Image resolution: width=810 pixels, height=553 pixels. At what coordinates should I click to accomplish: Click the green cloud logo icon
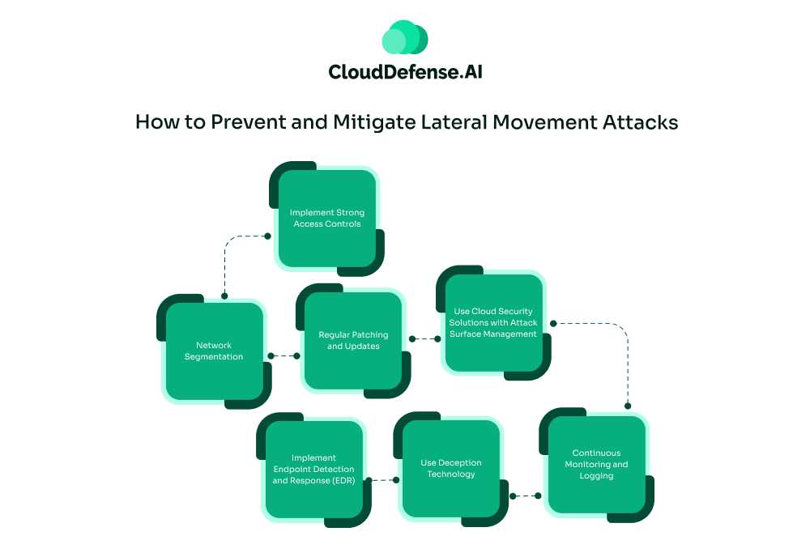tap(405, 37)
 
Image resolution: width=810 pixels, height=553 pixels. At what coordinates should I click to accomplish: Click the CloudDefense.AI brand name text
tap(405, 72)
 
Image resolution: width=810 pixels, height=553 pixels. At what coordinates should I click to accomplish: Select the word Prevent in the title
tap(243, 122)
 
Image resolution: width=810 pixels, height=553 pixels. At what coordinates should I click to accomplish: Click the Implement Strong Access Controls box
tap(327, 219)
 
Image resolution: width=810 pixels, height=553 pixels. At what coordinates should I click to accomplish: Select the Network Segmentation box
tap(215, 351)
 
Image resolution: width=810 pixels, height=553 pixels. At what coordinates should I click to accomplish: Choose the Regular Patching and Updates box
tap(353, 341)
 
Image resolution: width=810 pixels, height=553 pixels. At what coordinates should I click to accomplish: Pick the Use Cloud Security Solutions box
tap(494, 323)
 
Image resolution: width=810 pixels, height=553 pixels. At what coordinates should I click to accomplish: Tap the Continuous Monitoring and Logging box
tap(599, 465)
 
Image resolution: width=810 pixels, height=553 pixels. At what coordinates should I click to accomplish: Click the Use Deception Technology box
tap(451, 469)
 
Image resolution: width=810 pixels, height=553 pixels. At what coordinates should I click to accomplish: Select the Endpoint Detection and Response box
tap(313, 470)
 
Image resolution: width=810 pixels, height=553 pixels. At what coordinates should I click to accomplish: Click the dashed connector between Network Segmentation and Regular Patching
tap(283, 355)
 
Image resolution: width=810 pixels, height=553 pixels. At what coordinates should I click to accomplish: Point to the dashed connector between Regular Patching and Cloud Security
tap(424, 339)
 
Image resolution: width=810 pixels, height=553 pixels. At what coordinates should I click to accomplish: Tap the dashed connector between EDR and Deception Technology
tap(383, 480)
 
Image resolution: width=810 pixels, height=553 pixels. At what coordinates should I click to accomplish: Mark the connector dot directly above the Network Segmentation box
tap(224, 296)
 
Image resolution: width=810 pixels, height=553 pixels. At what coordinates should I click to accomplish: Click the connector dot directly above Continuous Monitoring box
tap(628, 406)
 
